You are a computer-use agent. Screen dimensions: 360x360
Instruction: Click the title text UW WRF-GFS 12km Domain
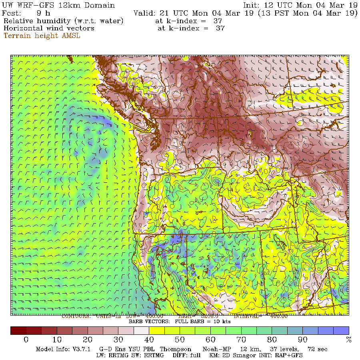coord(59,6)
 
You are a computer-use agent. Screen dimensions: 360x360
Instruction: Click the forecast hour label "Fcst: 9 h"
coord(26,13)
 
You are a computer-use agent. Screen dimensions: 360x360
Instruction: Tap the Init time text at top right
coord(300,6)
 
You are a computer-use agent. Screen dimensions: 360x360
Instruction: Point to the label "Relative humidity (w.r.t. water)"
coord(64,21)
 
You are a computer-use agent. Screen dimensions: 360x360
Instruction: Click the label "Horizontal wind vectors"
coord(49,28)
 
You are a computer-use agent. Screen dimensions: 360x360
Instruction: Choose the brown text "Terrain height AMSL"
coord(42,36)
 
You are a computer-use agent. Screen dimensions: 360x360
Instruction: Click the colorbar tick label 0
coord(26,340)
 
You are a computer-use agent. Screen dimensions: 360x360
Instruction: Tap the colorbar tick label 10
coord(57,340)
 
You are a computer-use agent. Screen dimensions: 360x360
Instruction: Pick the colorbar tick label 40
coord(149,340)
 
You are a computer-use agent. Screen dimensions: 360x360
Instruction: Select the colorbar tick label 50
coord(180,340)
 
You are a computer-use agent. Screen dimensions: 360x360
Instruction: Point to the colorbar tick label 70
coord(241,340)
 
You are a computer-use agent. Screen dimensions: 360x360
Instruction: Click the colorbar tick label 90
coord(303,340)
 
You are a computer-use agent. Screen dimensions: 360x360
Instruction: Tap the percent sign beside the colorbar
coord(348,340)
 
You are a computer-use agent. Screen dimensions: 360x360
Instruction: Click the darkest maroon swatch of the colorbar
coord(18,330)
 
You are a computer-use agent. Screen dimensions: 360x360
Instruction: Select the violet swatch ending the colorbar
coord(341,330)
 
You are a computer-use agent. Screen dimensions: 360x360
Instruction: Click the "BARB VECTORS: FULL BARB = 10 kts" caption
coord(180,322)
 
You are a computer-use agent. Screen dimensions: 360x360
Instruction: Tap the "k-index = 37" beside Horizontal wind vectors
coord(191,28)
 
